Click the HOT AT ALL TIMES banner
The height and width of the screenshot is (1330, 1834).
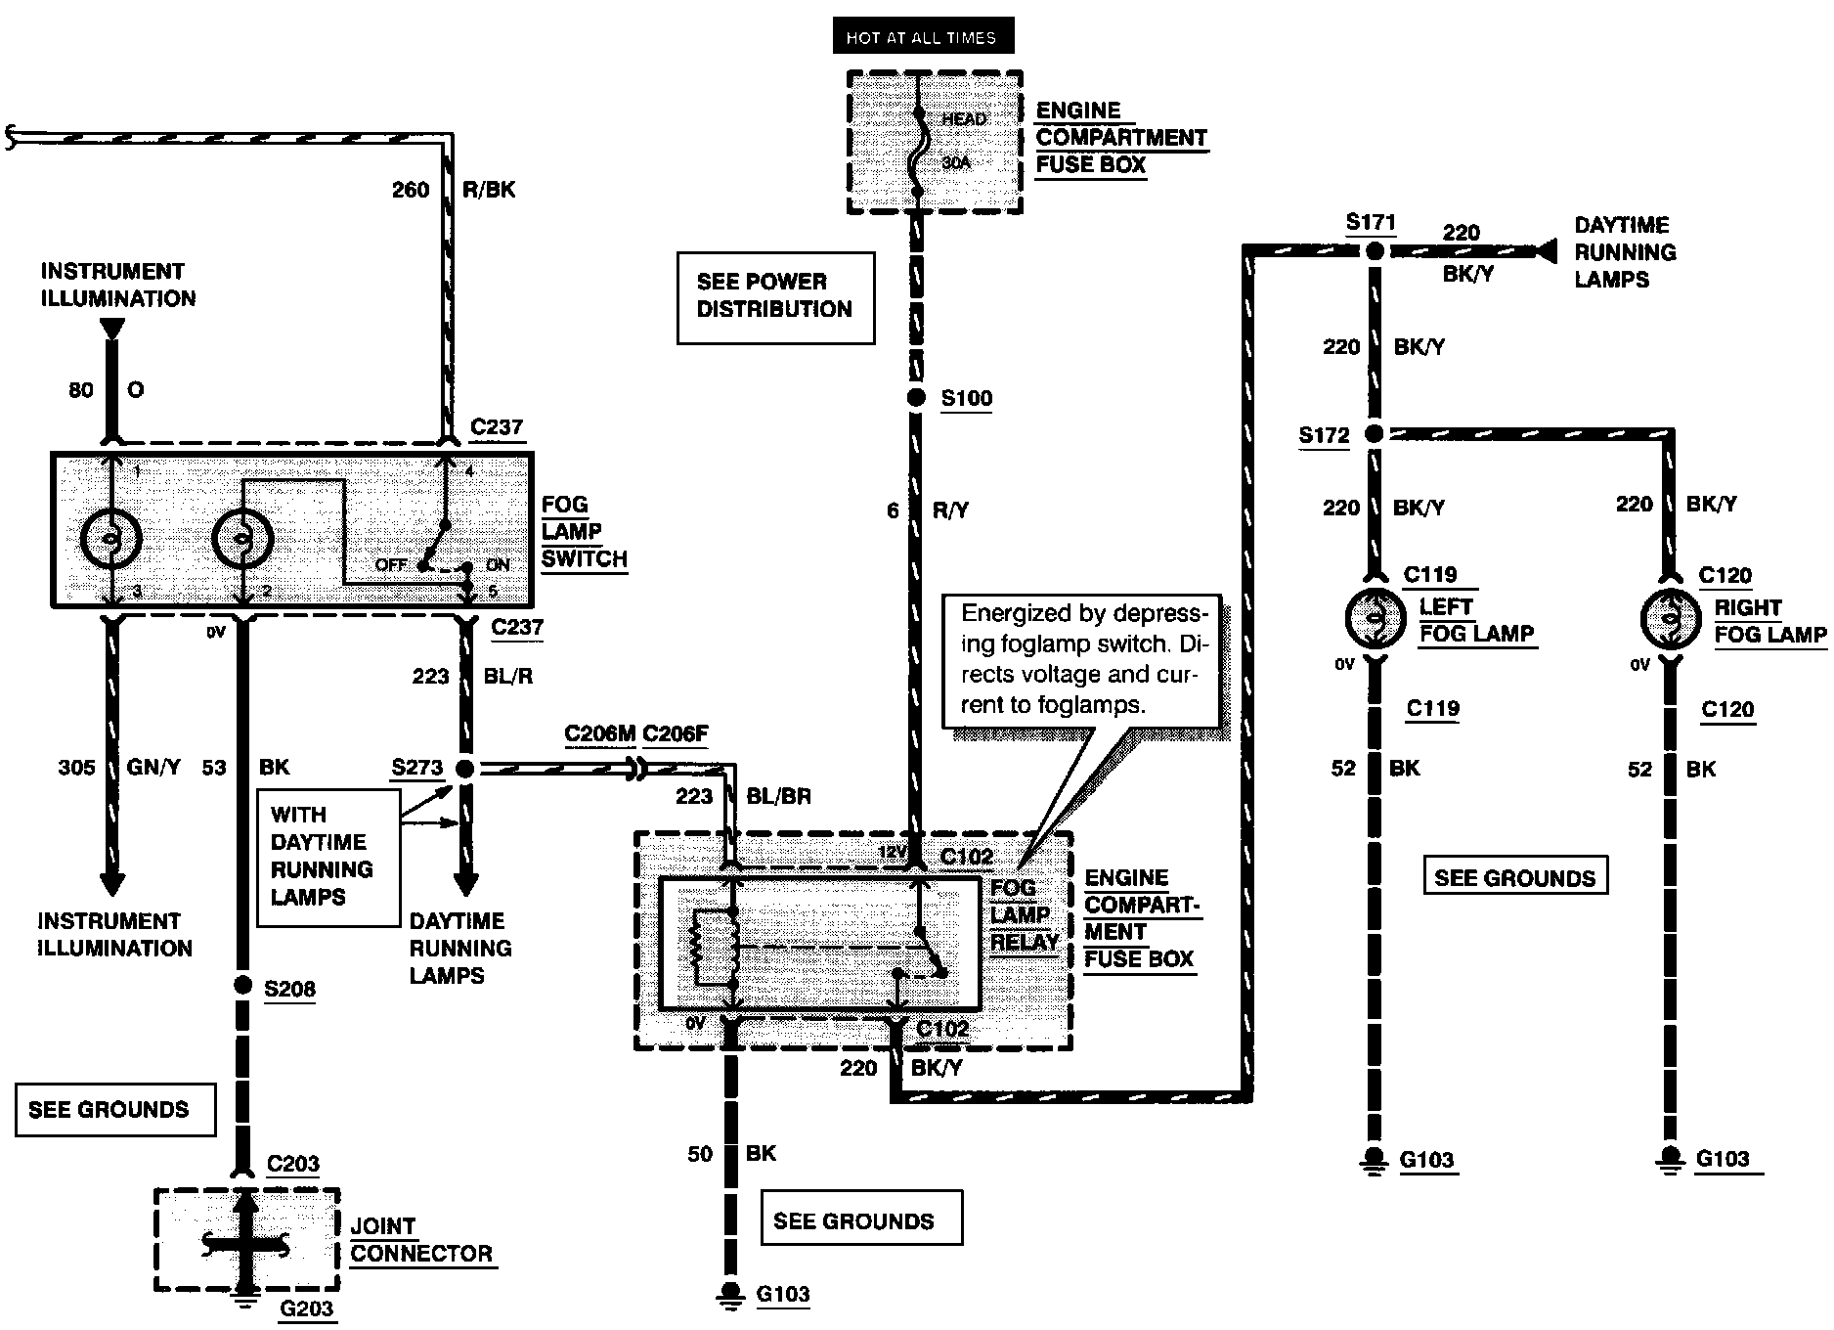coord(923,37)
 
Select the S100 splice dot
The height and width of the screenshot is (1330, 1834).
coord(916,398)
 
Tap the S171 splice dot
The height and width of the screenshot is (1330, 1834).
coord(1375,251)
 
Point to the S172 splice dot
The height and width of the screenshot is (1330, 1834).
coord(1374,433)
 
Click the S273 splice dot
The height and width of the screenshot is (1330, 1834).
coord(465,769)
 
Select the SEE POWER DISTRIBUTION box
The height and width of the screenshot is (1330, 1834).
coord(775,298)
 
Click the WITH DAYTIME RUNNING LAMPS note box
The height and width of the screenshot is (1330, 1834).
coord(328,858)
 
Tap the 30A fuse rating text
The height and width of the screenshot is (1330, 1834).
coord(957,163)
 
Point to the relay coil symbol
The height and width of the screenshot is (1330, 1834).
coord(715,947)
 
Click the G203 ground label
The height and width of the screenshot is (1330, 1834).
coord(307,1308)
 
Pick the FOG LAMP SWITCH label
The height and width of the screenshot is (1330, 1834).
coord(584,532)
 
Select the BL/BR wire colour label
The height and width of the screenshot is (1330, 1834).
coord(779,796)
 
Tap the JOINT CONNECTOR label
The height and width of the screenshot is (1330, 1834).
coord(421,1240)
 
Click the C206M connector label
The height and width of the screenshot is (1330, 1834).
coord(600,734)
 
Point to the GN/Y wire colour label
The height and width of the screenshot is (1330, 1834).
coord(153,768)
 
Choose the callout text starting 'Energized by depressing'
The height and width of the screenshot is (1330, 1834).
coord(1081,659)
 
